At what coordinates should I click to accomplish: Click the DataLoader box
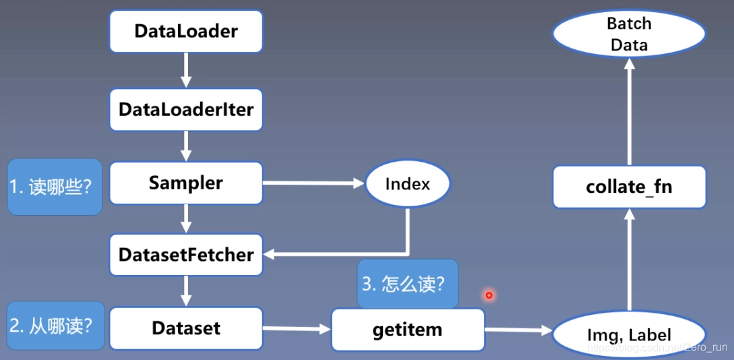(186, 31)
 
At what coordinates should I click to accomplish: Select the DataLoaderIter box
(186, 109)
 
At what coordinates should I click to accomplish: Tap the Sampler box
(186, 183)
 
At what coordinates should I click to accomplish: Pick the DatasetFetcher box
(186, 255)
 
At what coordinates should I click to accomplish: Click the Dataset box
(186, 328)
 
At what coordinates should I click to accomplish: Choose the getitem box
(407, 330)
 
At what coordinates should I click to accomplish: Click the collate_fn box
(629, 187)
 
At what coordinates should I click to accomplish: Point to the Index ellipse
(407, 183)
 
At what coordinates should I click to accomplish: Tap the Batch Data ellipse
(628, 34)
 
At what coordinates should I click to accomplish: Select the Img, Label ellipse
(628, 334)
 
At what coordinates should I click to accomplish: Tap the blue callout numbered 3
(407, 284)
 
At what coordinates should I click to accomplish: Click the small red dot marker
(489, 295)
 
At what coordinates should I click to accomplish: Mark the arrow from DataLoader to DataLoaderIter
(186, 70)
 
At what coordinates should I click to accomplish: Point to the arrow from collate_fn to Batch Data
(628, 111)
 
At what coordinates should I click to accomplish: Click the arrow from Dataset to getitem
(297, 329)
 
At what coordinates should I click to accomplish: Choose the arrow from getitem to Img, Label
(518, 330)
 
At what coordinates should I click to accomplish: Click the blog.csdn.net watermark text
(658, 348)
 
